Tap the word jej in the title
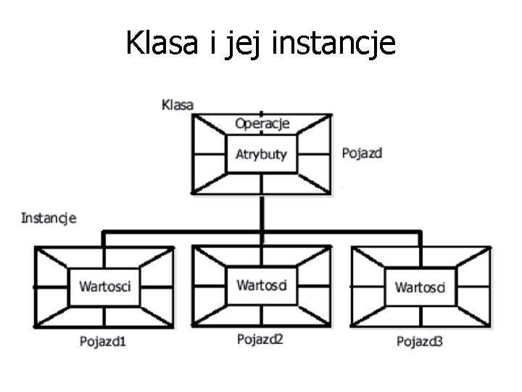tap(247, 44)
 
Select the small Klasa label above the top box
tap(177, 105)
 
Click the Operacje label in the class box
tap(262, 123)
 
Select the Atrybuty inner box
tap(261, 154)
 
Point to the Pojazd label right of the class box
tap(362, 153)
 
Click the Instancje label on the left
tap(49, 217)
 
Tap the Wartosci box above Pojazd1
tap(104, 286)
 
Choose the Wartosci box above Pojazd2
tap(261, 285)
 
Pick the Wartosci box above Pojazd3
tap(420, 287)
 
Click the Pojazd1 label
tap(103, 340)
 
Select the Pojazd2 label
tap(260, 339)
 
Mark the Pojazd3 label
tap(420, 340)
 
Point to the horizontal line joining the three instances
tap(181, 232)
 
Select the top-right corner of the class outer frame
tap(332, 113)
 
